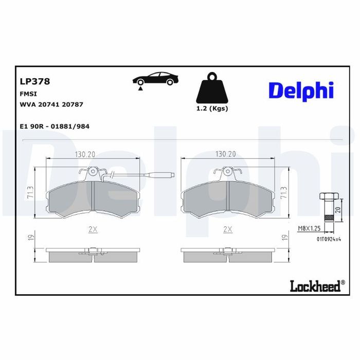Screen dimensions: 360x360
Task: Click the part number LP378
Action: [35, 81]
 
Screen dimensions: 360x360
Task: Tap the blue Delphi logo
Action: [301, 91]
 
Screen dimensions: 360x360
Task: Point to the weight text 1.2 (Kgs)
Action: [212, 109]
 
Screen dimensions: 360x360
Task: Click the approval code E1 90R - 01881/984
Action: [55, 127]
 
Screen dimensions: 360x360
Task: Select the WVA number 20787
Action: [73, 104]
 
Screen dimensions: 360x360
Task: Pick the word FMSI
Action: [28, 94]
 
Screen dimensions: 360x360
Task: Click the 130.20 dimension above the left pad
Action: [85, 154]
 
